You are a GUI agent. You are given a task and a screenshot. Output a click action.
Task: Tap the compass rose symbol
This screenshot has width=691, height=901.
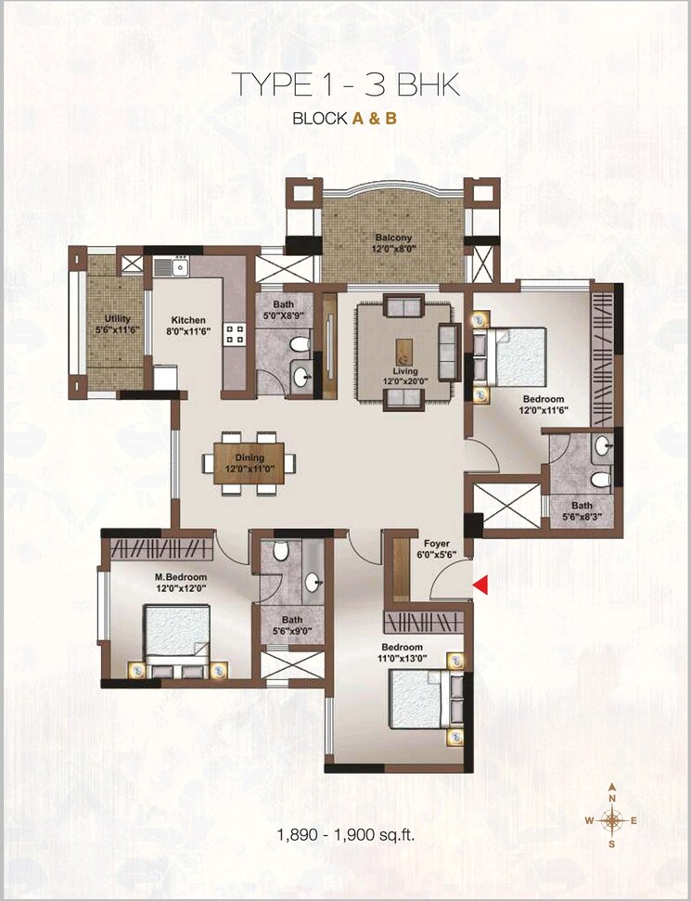pos(612,818)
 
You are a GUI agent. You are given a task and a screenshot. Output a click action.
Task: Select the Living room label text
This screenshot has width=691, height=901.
pos(404,371)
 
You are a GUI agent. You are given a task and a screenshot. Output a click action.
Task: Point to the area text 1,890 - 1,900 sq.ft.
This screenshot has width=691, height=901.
pos(345,834)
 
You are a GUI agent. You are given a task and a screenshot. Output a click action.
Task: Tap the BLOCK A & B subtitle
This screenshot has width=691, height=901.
pos(345,119)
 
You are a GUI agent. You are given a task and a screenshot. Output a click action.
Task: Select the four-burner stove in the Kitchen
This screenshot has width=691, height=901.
pos(233,335)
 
